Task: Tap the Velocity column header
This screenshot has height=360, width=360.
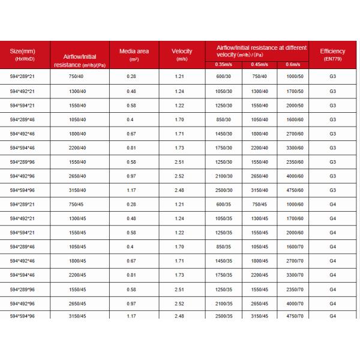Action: click(182, 55)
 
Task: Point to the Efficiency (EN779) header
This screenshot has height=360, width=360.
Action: click(332, 55)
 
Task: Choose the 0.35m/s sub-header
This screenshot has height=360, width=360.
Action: click(223, 64)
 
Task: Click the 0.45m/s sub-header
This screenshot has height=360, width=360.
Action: click(259, 64)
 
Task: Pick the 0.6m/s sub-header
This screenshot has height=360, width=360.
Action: click(293, 64)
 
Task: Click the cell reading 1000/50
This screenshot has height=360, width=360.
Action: click(295, 77)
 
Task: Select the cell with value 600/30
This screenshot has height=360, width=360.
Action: click(223, 77)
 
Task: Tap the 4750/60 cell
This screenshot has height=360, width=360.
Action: click(295, 190)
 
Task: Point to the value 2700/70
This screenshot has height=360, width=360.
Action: click(295, 261)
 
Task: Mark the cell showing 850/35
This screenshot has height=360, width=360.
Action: click(223, 247)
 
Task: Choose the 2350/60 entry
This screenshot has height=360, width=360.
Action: click(295, 162)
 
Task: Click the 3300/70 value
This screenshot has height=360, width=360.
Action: click(295, 275)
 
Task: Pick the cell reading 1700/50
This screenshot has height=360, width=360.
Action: click(295, 91)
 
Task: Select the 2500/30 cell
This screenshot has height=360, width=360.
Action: click(223, 190)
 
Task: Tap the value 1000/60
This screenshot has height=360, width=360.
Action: click(295, 205)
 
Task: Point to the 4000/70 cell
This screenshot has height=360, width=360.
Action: click(295, 304)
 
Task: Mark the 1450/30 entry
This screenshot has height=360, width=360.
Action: click(223, 133)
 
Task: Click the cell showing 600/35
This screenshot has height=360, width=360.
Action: click(223, 205)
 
